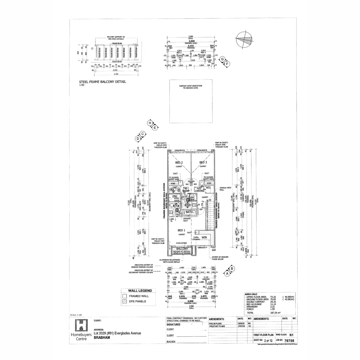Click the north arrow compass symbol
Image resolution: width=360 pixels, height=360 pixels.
(x=244, y=40)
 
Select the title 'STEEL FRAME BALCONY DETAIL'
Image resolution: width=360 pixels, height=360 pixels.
(x=102, y=82)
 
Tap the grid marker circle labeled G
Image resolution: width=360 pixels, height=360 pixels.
(x=222, y=59)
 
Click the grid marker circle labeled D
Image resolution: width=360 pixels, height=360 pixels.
(x=138, y=139)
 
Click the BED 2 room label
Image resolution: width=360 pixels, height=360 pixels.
(x=179, y=162)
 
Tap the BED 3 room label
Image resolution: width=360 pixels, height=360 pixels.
(x=203, y=162)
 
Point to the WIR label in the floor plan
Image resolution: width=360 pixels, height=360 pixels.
(x=204, y=237)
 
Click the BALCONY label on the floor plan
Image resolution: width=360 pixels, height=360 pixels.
(x=182, y=249)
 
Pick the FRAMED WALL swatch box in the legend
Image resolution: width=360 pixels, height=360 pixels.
(x=124, y=296)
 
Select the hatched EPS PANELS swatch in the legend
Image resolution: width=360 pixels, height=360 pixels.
(x=124, y=301)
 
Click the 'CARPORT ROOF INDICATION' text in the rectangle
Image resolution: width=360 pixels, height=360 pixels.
(x=191, y=86)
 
